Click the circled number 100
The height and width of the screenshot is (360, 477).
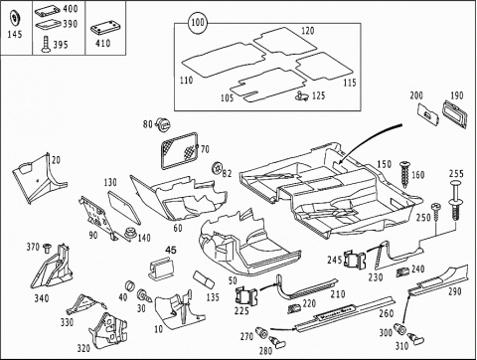[198, 23]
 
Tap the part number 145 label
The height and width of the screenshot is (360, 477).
[15, 34]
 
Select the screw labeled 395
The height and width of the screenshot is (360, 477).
[45, 45]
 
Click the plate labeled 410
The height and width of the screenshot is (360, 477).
[105, 29]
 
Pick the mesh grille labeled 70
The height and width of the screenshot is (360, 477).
[179, 149]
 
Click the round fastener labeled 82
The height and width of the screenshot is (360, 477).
[217, 168]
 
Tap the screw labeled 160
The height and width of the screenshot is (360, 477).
[404, 174]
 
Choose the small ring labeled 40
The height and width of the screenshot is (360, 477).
[129, 286]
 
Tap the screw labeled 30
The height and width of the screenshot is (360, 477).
[144, 295]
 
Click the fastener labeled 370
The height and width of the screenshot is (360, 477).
[48, 248]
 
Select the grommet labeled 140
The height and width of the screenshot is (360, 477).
[130, 234]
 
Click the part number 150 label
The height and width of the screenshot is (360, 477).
[384, 164]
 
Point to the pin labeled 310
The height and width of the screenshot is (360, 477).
[415, 337]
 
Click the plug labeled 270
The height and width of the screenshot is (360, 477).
[262, 332]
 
